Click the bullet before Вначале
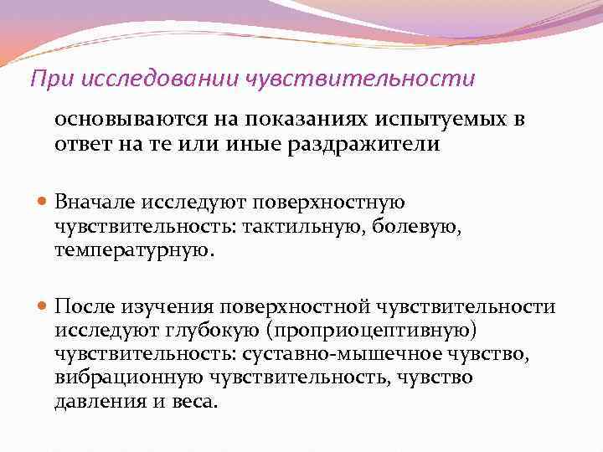pyautogui.click(x=43, y=203)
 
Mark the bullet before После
pyautogui.click(x=43, y=309)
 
